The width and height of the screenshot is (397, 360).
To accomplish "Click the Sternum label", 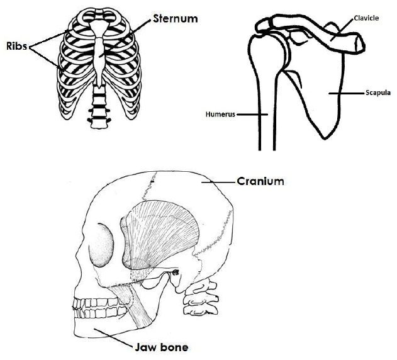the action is pos(175,18).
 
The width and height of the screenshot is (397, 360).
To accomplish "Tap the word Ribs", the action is pos(17,46).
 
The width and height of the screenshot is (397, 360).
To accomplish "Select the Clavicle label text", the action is pos(366,18).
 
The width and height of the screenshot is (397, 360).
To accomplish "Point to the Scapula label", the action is pos(377,93).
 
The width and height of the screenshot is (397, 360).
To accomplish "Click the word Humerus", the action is pos(220,115).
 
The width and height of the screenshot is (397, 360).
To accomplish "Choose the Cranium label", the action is pos(260,181).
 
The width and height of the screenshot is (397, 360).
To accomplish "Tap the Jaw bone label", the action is pos(161,347).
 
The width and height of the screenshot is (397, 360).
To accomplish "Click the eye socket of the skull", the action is pos(101,245).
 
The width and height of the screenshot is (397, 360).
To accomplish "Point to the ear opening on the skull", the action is pos(175,273).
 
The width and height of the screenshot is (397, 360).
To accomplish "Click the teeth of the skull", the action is pos(99,308).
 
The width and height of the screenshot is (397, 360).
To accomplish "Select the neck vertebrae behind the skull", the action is pos(201,296).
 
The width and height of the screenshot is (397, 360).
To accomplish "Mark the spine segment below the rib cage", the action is pos(98,108).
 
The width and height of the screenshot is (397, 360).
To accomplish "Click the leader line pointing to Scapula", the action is pos(347,94).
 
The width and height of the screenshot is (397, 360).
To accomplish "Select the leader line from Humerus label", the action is pos(252,115).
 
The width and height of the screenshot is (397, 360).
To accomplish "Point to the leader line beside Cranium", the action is pos(218,182).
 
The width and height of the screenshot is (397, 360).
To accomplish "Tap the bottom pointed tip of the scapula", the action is pos(325,139).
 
